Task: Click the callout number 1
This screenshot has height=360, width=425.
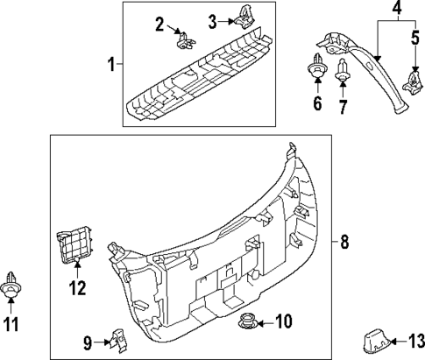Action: coord(110,64)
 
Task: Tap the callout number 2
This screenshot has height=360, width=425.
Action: coord(159,24)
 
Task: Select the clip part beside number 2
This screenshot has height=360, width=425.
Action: coord(185,39)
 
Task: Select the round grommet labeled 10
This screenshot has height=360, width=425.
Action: coord(247,321)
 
